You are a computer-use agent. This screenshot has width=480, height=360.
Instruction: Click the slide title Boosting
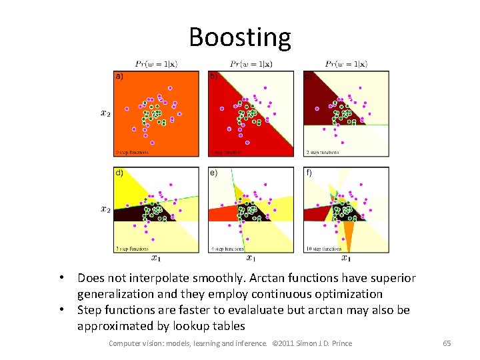[x=240, y=37]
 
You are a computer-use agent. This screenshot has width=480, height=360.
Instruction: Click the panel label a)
[x=119, y=77]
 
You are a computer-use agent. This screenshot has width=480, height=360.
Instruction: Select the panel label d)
[x=119, y=172]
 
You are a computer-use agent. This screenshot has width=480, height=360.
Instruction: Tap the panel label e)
[x=213, y=172]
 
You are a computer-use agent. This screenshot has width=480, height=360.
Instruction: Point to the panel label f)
[x=309, y=172]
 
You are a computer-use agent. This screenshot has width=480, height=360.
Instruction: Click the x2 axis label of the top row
[x=105, y=113]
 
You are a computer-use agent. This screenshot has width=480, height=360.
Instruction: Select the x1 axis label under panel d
[x=155, y=258]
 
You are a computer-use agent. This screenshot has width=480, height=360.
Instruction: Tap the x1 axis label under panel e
[x=251, y=258]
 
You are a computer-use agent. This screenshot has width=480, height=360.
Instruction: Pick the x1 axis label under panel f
[x=346, y=258]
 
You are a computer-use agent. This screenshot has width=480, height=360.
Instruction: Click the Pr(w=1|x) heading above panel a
[x=156, y=64]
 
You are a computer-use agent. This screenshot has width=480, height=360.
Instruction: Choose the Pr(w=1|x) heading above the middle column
[x=251, y=64]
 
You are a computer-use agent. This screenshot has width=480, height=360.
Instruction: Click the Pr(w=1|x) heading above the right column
[x=346, y=64]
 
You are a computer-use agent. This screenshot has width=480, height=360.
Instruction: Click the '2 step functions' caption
[x=323, y=152]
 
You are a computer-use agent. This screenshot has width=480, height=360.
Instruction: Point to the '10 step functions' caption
[x=325, y=249]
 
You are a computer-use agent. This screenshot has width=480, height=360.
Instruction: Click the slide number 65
[x=447, y=343]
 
